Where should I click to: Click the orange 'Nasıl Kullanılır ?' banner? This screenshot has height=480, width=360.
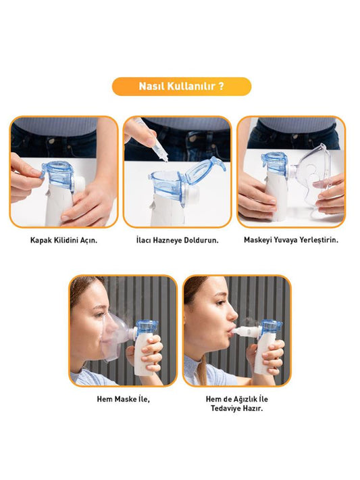click(x=182, y=87)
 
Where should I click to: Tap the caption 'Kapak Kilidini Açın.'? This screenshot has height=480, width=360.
click(x=63, y=240)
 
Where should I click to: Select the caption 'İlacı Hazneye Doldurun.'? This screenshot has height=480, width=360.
click(x=178, y=240)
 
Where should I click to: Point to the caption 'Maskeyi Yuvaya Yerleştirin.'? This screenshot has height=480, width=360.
click(x=291, y=240)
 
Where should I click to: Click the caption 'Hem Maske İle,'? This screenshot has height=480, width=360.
click(x=123, y=399)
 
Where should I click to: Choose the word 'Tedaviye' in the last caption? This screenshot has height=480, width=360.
click(x=226, y=408)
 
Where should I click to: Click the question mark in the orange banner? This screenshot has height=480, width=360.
click(x=221, y=86)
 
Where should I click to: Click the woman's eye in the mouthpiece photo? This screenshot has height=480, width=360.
click(x=220, y=302)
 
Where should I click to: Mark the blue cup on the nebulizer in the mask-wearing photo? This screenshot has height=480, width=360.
click(x=146, y=328)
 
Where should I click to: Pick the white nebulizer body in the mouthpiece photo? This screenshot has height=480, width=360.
click(x=265, y=352)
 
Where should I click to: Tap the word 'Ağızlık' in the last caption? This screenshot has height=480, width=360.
click(x=246, y=399)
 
